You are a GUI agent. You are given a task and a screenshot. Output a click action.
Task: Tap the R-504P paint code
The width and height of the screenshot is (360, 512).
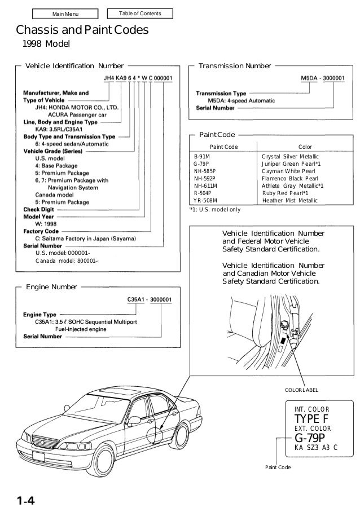203,193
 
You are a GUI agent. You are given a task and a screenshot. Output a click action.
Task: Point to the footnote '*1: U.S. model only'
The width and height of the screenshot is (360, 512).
214,209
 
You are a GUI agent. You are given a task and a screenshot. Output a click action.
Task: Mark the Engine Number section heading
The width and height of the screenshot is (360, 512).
51,287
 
